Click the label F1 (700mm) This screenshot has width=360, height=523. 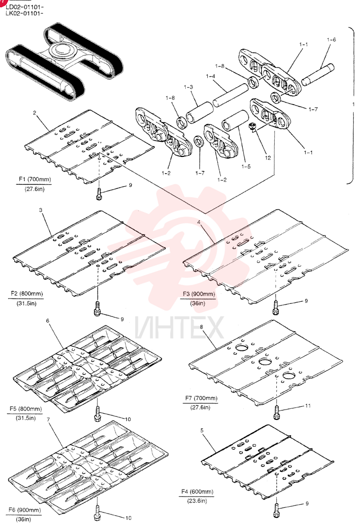35,179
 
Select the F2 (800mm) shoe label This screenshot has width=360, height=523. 27,294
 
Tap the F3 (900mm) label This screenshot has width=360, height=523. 199,294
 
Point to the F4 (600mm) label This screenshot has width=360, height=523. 197,492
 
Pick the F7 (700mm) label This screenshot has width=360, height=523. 201,398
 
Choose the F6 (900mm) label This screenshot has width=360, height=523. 25,510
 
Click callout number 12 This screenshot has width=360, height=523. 268,158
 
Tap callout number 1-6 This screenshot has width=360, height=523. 331,40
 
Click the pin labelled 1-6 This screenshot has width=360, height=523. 318,74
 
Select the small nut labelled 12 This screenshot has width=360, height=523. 253,127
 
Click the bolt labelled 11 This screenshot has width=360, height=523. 277,413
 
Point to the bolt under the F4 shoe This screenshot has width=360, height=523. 277,510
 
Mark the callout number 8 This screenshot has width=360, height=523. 201,327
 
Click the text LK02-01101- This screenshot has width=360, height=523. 25,14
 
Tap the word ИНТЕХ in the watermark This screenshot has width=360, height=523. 179,327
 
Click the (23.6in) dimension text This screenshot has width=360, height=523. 197,501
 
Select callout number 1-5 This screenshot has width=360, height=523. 246,166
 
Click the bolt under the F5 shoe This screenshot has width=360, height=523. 98,413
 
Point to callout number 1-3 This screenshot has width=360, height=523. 188,87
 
